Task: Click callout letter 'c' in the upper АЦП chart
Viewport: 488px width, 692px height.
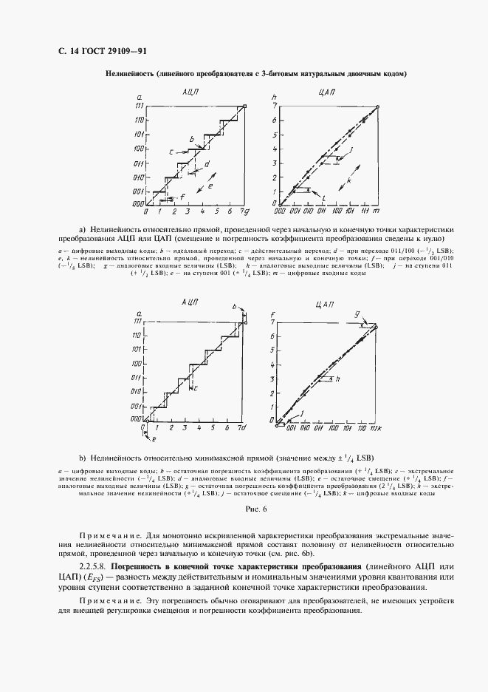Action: point(170,152)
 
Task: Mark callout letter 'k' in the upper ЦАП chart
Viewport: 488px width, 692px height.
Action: point(348,180)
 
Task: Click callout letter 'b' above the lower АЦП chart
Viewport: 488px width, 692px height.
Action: point(234,306)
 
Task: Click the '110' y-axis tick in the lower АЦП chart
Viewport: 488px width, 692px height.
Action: point(137,335)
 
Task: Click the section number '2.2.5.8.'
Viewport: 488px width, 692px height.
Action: point(94,565)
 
